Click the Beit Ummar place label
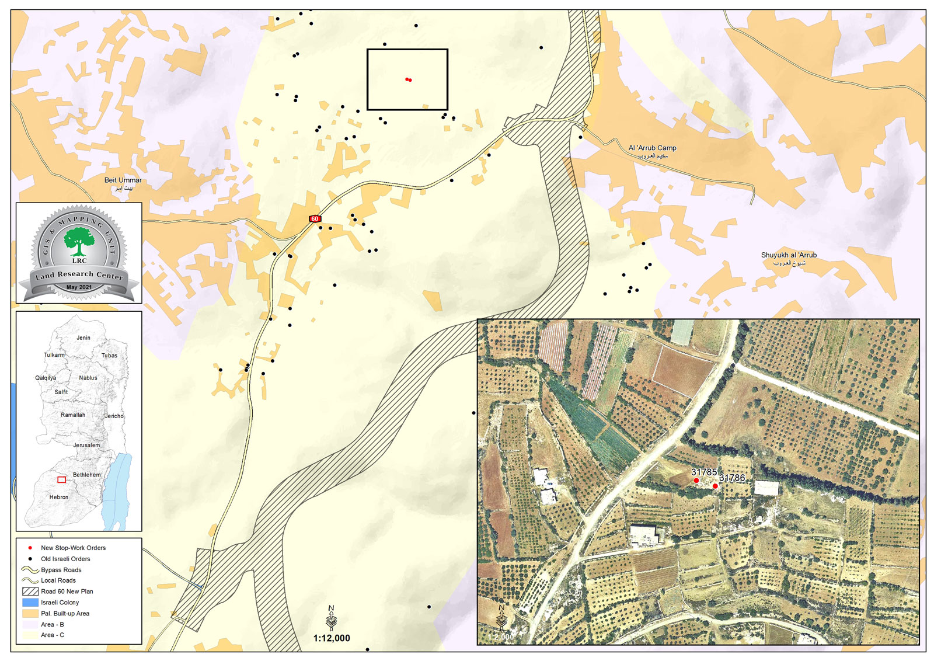coord(123,180)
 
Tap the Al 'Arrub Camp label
coord(652,148)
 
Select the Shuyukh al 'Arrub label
coord(789,255)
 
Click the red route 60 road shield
coord(315,218)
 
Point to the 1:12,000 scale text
coord(332,638)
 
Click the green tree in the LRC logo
coord(79,241)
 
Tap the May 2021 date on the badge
coord(79,287)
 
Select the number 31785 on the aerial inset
coord(703,472)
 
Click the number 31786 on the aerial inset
coord(731,478)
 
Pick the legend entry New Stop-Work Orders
coord(73,548)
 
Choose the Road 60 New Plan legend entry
coord(67,592)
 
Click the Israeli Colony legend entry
coord(60,602)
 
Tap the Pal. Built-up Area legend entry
coord(65,613)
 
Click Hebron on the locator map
coord(58,497)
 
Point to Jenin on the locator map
coord(83,338)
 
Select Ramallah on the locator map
coord(73,415)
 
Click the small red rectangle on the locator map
coord(61,479)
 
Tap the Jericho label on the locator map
coord(114,416)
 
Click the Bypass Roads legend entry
coord(61,570)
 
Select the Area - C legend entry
coord(52,635)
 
